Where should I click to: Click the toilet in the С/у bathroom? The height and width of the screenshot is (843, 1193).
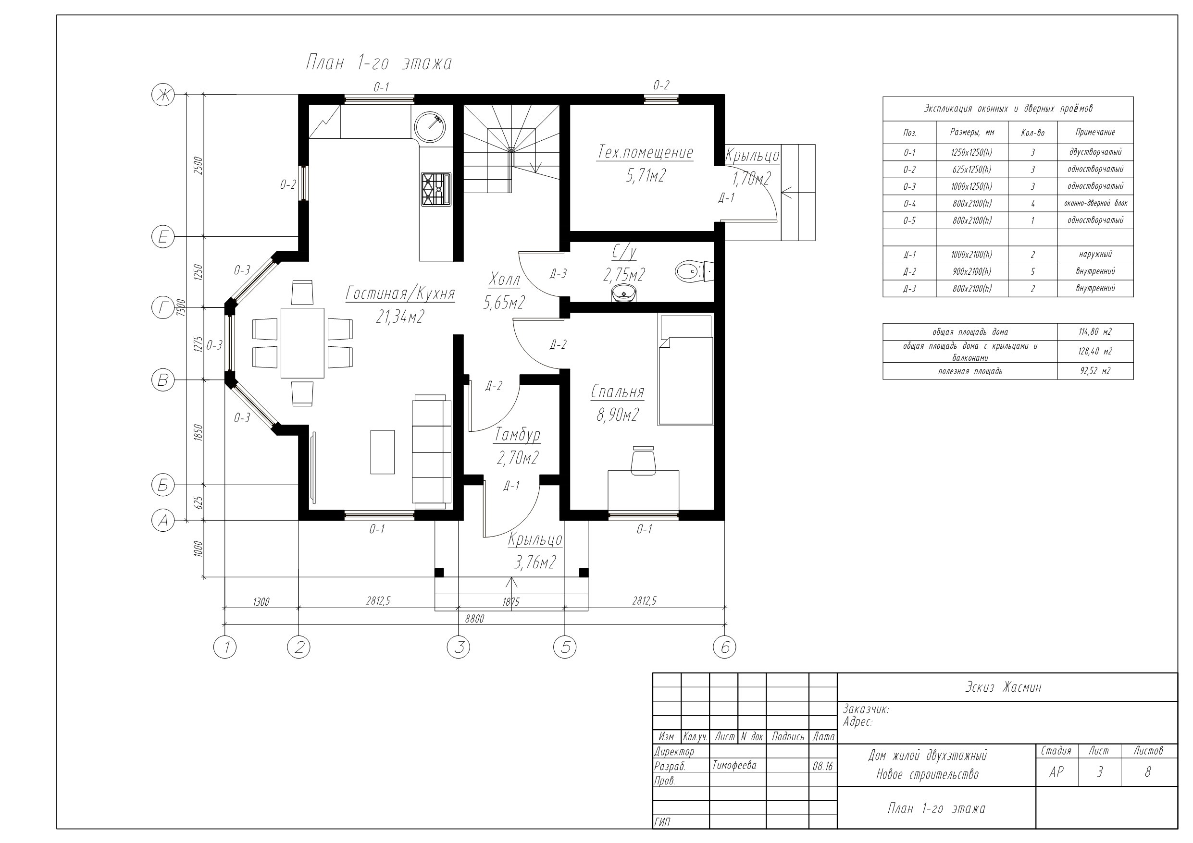[x=694, y=271]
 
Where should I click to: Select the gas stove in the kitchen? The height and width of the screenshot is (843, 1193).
[x=436, y=190]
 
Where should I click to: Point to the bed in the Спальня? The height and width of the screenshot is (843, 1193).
[x=685, y=369]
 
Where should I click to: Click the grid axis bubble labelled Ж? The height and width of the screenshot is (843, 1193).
[x=163, y=95]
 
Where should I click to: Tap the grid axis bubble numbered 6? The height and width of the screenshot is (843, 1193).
[x=725, y=647]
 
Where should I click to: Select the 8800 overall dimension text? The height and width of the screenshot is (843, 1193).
[x=474, y=619]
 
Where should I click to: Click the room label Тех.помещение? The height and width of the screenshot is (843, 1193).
[x=646, y=153]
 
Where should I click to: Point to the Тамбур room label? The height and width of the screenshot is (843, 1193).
[x=518, y=434]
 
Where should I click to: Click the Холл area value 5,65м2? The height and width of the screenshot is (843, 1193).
[x=504, y=302]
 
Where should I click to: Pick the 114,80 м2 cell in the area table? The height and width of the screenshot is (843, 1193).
[x=1095, y=331]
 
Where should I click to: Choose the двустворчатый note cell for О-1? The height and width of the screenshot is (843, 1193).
[x=1095, y=152]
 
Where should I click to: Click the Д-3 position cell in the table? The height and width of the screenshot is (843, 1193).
[x=909, y=288]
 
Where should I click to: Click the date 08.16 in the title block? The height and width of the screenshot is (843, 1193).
[x=822, y=766]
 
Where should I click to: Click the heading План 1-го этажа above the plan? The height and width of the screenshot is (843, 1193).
[x=379, y=63]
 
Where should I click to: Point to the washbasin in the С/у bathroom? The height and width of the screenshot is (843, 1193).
[x=623, y=293]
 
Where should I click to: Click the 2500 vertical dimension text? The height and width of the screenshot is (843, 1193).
[x=198, y=165]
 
